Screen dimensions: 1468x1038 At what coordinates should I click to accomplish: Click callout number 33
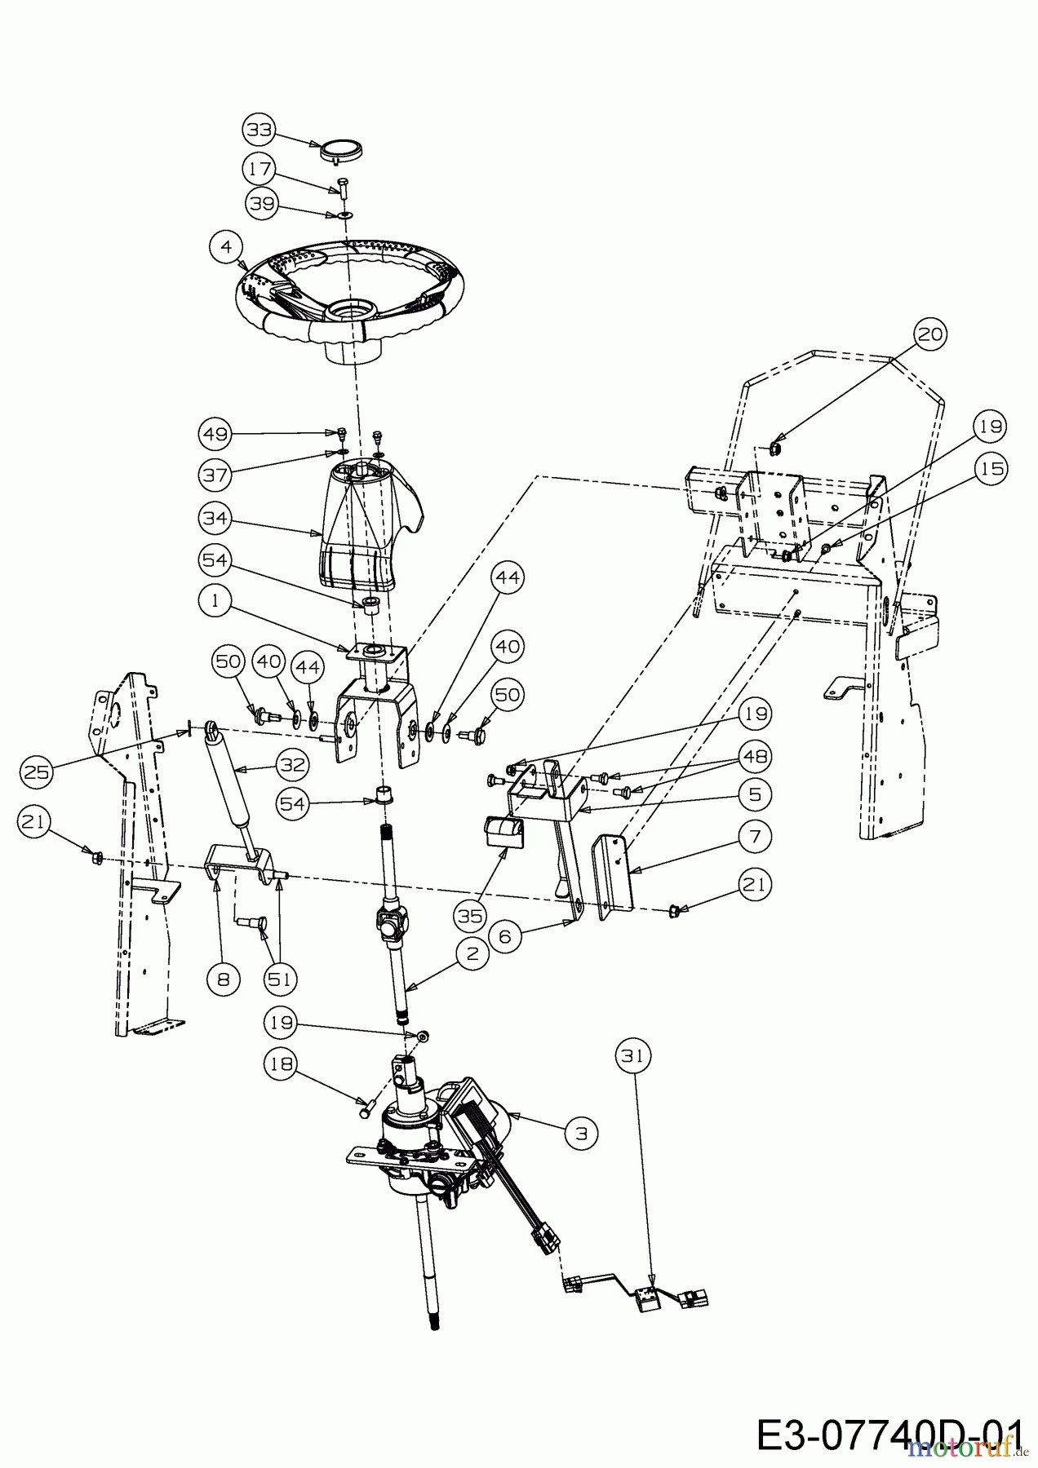tap(259, 130)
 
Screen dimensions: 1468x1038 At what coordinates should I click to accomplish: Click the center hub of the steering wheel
tap(353, 312)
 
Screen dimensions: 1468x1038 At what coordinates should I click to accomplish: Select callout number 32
tap(294, 765)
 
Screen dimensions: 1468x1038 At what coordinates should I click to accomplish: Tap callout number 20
tap(930, 334)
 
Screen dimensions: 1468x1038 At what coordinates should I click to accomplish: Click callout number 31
tap(632, 1056)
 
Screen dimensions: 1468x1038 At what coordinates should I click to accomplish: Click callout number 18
tap(280, 1063)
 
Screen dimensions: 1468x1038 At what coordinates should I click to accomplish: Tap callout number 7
tap(755, 836)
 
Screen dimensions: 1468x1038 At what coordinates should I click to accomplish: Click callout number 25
tap(37, 770)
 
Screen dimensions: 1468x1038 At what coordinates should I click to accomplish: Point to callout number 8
tap(224, 979)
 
